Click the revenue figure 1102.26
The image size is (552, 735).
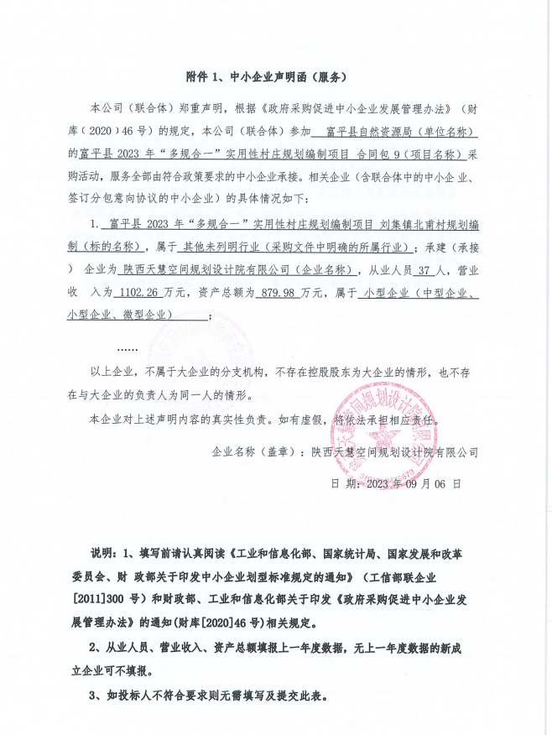click(120, 292)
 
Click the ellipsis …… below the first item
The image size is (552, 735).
click(127, 347)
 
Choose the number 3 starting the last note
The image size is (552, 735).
click(92, 696)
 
